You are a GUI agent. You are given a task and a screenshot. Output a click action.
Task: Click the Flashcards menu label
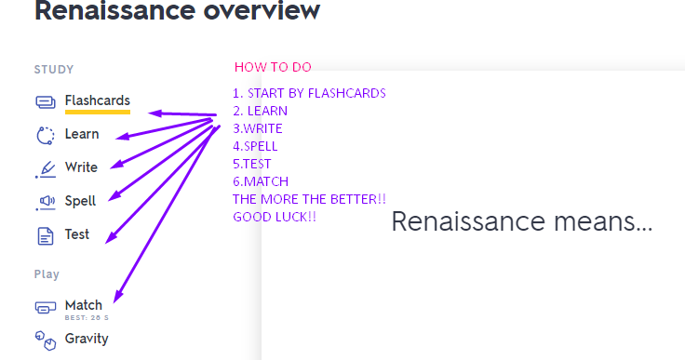pos(97,100)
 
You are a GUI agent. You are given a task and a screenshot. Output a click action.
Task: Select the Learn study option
pos(82,134)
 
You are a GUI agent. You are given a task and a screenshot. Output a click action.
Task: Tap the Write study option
pos(81,167)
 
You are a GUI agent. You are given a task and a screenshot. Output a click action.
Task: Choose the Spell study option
pos(80,201)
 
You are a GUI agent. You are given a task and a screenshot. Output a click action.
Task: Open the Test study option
pos(77,234)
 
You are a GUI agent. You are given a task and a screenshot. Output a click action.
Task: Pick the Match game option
pos(84,305)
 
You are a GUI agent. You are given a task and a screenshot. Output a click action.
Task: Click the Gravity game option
pos(87,339)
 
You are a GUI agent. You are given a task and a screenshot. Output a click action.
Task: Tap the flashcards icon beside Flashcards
pos(46,101)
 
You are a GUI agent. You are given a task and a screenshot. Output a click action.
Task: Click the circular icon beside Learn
pos(46,135)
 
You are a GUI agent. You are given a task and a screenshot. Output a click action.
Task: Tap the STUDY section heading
pos(54,70)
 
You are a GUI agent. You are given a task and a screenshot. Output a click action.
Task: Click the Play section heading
pos(47,274)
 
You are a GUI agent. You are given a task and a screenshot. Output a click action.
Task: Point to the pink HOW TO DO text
pos(273,67)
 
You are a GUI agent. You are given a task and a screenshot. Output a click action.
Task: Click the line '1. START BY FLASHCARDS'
pos(309,93)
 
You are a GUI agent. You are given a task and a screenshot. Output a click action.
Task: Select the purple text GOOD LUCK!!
pos(275,217)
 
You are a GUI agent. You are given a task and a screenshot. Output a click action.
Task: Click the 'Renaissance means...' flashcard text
pos(521,222)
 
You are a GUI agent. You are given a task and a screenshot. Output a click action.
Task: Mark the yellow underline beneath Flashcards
pos(97,113)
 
